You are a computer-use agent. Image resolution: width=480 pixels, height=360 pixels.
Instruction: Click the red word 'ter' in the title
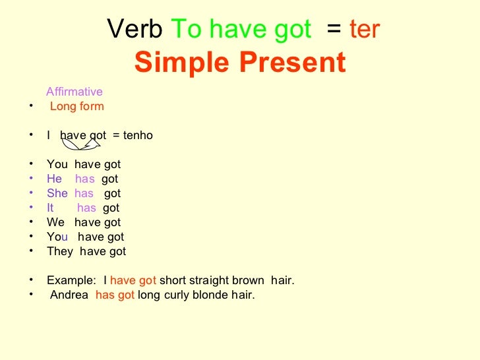(x=365, y=30)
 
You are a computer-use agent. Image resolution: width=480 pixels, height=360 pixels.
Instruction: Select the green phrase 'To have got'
(x=241, y=30)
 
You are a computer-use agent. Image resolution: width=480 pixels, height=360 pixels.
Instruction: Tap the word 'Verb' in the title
(x=135, y=30)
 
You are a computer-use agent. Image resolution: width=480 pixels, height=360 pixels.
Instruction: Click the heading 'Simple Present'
(x=240, y=63)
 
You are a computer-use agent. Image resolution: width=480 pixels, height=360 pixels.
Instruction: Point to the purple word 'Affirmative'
(x=75, y=92)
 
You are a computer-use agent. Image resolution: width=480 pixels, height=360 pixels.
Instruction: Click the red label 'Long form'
(x=77, y=107)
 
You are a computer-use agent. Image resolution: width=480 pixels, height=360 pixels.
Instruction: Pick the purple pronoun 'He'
(x=54, y=179)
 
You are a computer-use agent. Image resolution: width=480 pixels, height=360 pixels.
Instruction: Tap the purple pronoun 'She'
(x=57, y=194)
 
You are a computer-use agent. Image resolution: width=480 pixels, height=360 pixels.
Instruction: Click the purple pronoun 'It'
(x=51, y=208)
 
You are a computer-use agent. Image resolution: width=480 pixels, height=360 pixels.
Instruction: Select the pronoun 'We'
(x=55, y=223)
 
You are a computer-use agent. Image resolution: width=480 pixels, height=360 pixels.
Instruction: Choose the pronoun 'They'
(x=60, y=252)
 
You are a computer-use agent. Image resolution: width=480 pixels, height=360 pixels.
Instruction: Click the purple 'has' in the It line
(x=86, y=208)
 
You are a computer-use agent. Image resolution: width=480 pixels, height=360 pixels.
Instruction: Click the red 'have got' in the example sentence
(x=133, y=281)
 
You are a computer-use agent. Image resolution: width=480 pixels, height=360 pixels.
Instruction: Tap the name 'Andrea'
(x=69, y=295)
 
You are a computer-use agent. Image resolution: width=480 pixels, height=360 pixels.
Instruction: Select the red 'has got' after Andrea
(x=115, y=295)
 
